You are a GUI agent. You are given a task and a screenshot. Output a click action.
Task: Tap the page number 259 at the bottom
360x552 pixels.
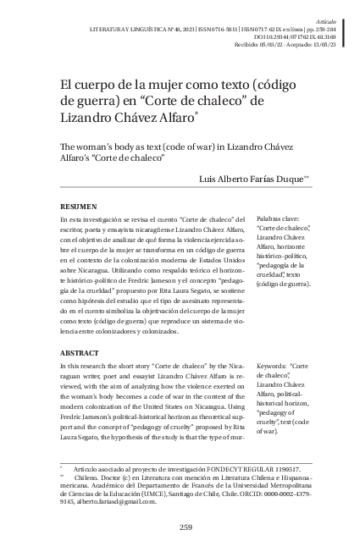coord(186,528)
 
